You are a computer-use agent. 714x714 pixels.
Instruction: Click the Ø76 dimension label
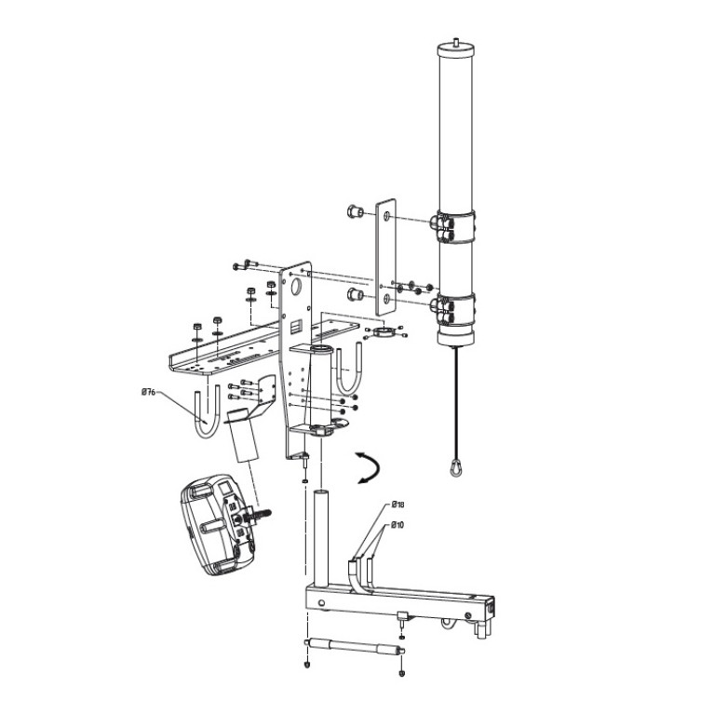pyautogui.click(x=148, y=392)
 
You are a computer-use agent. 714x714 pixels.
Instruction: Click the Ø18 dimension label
pyautogui.click(x=398, y=504)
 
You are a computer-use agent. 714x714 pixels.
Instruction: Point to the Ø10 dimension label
pyautogui.click(x=397, y=525)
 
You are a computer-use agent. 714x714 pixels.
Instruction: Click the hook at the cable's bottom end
pyautogui.click(x=455, y=467)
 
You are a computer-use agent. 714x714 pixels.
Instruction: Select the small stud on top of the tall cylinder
pyautogui.click(x=456, y=42)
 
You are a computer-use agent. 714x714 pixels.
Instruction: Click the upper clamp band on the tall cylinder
pyautogui.click(x=456, y=226)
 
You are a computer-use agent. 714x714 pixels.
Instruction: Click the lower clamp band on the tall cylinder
pyautogui.click(x=456, y=309)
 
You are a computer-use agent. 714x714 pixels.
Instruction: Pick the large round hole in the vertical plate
pyautogui.click(x=296, y=287)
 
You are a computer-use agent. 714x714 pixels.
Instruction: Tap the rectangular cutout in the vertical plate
pyautogui.click(x=296, y=325)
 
